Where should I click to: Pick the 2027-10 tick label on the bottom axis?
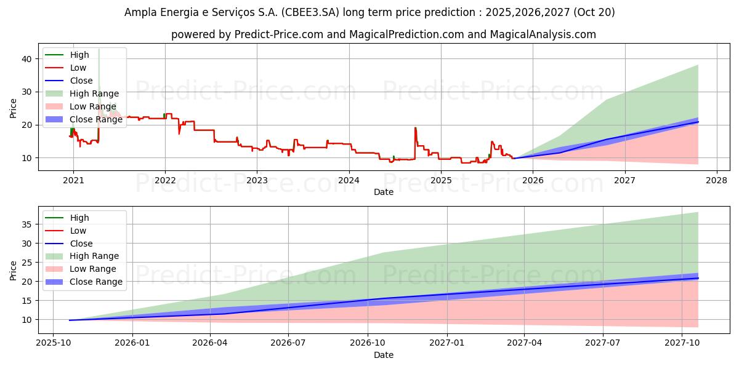(x=682, y=343)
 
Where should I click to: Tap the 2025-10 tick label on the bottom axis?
(x=53, y=343)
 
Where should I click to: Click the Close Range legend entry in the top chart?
(x=95, y=119)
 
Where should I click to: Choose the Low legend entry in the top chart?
(x=78, y=68)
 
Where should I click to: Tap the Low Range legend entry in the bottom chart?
(x=93, y=269)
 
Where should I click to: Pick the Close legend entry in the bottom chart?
(x=81, y=243)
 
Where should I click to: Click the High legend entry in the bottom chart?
(x=79, y=218)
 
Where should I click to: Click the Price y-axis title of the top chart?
(x=14, y=108)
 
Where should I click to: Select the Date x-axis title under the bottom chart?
(x=384, y=355)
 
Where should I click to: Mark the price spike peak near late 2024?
(x=415, y=127)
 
